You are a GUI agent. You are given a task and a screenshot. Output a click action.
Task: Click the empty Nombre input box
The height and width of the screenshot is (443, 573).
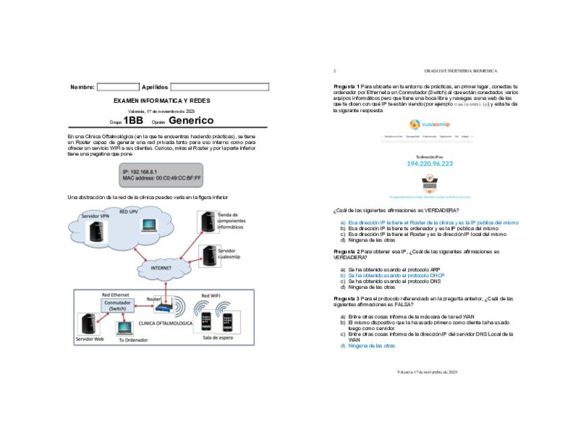[118, 87]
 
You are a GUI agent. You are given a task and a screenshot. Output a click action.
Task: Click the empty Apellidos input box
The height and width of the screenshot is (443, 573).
[219, 87]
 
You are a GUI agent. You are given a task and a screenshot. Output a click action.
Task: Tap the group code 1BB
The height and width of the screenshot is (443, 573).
[133, 120]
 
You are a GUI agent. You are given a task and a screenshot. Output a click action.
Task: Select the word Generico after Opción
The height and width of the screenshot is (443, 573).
[191, 120]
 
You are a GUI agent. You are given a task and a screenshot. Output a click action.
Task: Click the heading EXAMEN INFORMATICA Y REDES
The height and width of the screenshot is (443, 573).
[161, 101]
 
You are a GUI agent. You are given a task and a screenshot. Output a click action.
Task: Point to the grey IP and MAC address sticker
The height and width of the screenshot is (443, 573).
[161, 174]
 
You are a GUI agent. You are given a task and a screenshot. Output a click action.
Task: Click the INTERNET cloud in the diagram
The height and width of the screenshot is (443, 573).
[161, 268]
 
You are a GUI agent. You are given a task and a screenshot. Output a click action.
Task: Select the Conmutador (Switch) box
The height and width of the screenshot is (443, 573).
[118, 305]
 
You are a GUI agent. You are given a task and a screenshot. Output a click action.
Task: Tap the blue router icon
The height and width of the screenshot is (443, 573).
[164, 308]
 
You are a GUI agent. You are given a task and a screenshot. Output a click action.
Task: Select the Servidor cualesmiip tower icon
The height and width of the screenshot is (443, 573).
[208, 255]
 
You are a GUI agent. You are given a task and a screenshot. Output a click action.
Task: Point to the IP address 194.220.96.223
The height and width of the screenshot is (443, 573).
[430, 164]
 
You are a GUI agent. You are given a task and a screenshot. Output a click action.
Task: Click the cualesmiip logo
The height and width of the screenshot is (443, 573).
[429, 124]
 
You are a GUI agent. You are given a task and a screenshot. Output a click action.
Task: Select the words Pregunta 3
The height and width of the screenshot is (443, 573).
[347, 298]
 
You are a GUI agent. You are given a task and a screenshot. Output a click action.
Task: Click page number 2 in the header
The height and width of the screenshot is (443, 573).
[334, 70]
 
